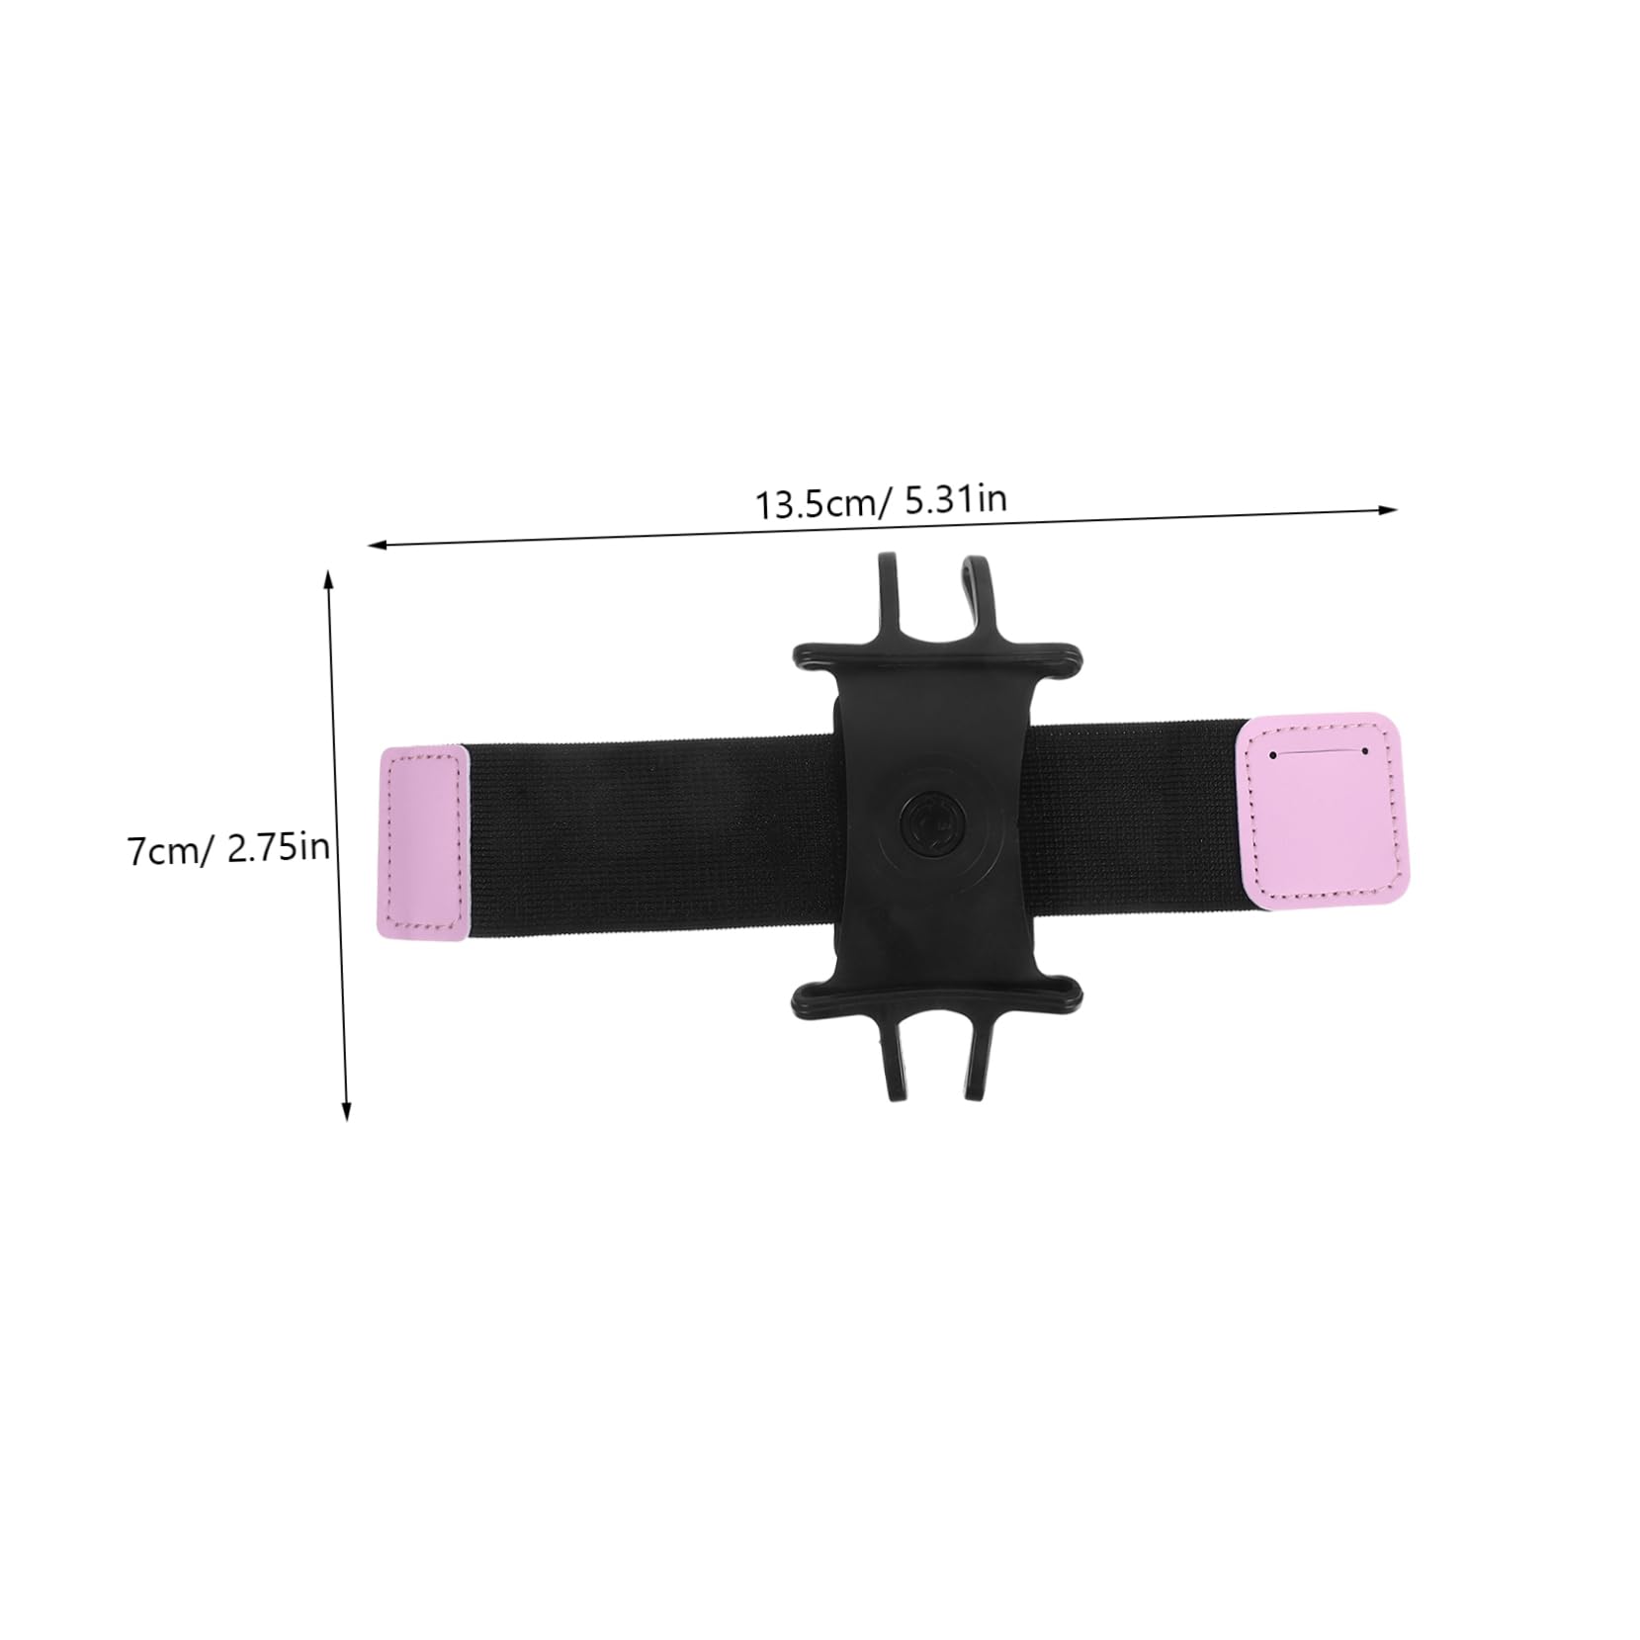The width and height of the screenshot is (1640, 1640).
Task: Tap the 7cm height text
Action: (162, 850)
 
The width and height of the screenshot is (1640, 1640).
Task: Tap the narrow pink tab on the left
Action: (422, 844)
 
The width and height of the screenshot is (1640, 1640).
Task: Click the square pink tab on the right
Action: (1322, 809)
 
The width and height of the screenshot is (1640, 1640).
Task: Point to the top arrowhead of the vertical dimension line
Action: (329, 578)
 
